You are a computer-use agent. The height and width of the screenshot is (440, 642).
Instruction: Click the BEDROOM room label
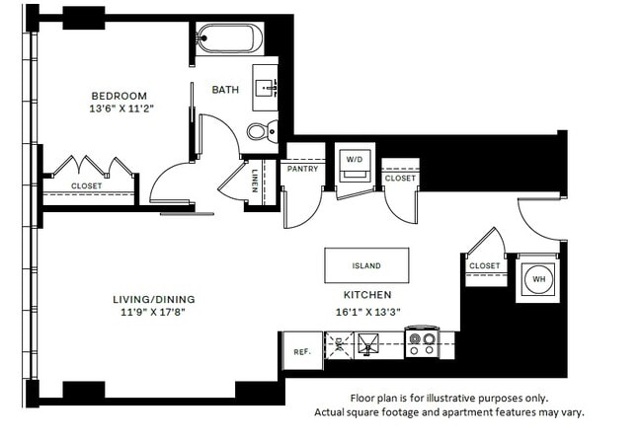(x=118, y=96)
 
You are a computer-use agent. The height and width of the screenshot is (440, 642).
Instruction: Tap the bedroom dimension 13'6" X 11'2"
(x=118, y=110)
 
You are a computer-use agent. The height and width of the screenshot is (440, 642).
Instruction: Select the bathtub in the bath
(x=228, y=40)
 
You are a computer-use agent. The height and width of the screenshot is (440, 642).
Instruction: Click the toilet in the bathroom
(x=260, y=130)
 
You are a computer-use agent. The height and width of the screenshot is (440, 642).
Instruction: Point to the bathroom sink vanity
(x=267, y=88)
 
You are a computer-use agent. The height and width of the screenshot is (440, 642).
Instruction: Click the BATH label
(x=225, y=91)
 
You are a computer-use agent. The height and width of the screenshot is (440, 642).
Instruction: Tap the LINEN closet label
(x=255, y=183)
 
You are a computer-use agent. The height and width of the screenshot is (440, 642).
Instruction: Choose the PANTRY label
(x=301, y=169)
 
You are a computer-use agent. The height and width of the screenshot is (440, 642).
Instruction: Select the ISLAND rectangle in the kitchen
(x=366, y=265)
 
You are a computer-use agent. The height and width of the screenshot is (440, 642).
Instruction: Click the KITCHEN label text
(x=367, y=295)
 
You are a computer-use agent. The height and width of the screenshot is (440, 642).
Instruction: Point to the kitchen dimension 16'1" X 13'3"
(x=367, y=311)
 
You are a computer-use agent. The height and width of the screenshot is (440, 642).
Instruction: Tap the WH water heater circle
(x=539, y=278)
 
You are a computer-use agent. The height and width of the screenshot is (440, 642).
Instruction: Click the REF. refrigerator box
(x=300, y=350)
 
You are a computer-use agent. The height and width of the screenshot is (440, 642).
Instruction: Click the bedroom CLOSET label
(x=87, y=185)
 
